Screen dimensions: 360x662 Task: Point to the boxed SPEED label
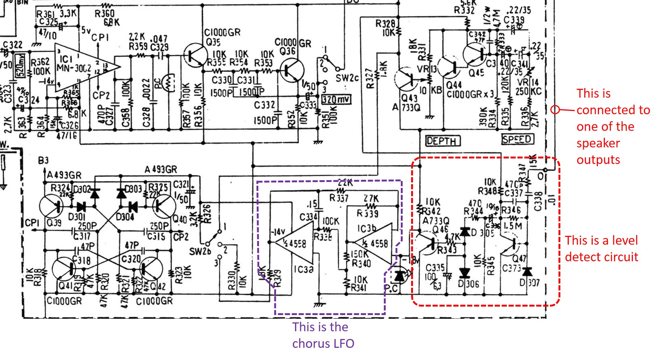517,139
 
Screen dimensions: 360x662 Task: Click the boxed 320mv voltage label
336,99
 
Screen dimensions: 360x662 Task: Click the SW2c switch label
347,78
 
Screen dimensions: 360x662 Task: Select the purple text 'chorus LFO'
323,343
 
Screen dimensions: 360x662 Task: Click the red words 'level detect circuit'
601,249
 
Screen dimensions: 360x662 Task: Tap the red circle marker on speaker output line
555,110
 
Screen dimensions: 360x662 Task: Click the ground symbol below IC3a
319,304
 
